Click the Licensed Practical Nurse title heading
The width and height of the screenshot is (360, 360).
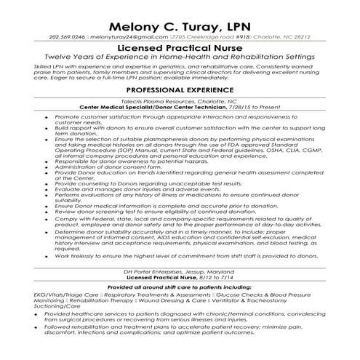coord(180,49)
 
